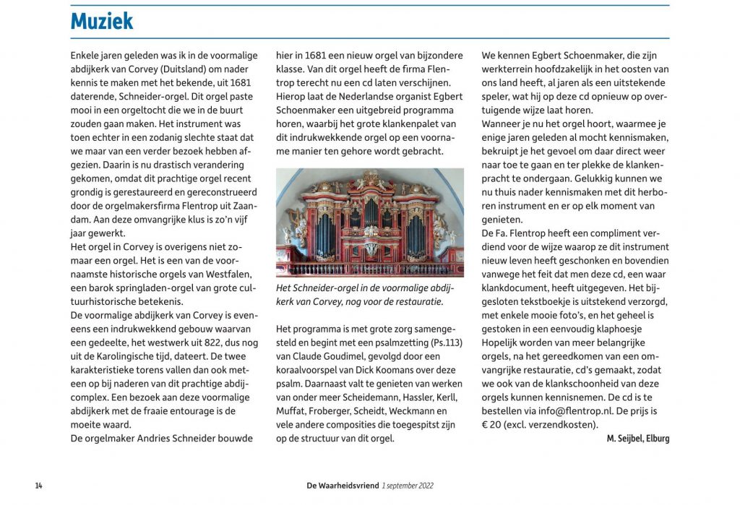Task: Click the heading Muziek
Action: coord(102,21)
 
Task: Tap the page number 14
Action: coord(38,485)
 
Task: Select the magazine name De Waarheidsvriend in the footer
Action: coord(343,485)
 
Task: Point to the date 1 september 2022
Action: coord(408,485)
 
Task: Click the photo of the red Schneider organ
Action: coord(369,223)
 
